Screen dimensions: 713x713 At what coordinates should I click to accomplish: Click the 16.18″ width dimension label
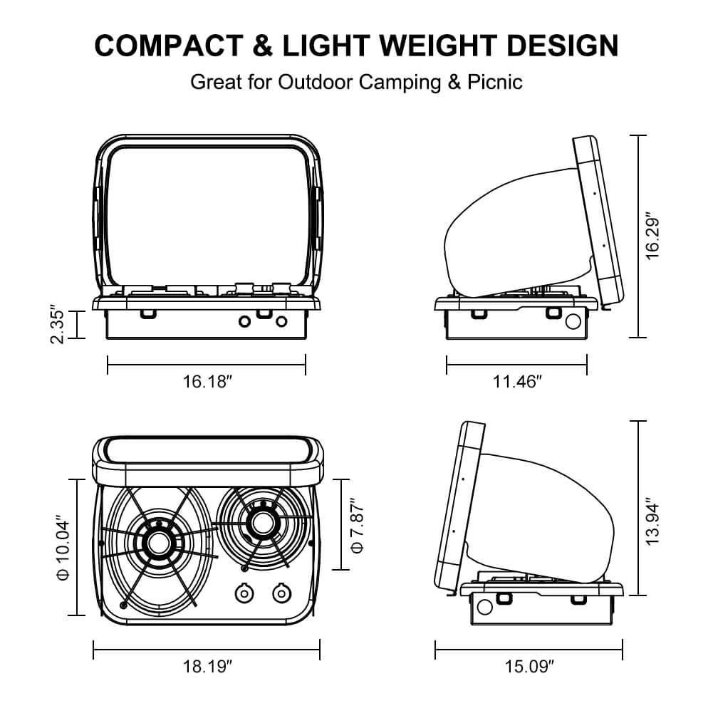click(208, 382)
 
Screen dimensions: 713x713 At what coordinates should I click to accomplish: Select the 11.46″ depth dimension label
click(517, 382)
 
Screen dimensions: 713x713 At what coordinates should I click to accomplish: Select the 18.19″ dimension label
click(208, 667)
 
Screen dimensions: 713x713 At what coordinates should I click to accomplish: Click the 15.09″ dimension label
click(529, 667)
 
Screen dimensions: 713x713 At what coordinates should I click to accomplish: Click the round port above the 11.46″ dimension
click(572, 321)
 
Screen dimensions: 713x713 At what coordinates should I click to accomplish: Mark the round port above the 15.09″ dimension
click(484, 607)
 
